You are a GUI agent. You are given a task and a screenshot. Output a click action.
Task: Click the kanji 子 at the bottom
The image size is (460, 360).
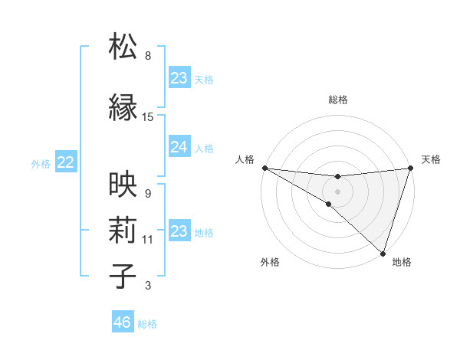(123, 276)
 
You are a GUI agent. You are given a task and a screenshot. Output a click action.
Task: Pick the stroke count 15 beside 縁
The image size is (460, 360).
(148, 117)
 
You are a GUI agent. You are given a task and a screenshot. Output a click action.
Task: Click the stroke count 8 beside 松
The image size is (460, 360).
(148, 56)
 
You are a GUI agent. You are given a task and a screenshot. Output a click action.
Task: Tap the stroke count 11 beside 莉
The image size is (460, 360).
(148, 240)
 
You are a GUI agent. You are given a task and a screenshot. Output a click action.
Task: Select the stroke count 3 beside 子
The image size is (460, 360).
(148, 286)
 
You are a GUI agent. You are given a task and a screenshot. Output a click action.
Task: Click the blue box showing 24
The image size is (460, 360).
(179, 147)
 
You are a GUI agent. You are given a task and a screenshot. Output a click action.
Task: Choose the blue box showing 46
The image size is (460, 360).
(122, 322)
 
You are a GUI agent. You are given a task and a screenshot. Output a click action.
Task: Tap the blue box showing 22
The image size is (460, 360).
(65, 162)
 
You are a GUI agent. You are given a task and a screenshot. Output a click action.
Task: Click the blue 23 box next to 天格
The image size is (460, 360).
(179, 78)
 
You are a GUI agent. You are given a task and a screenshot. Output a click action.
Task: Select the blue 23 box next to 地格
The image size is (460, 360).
(179, 231)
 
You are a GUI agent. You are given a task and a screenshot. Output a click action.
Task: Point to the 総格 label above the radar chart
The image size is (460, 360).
(337, 100)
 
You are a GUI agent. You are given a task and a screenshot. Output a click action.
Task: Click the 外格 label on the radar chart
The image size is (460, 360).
(270, 263)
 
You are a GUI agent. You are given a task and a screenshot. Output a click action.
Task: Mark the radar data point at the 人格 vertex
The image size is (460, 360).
(264, 167)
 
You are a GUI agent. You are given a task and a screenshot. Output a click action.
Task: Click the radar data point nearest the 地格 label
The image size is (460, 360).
(383, 253)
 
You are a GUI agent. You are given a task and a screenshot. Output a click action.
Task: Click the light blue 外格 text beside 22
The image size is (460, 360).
(41, 163)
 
